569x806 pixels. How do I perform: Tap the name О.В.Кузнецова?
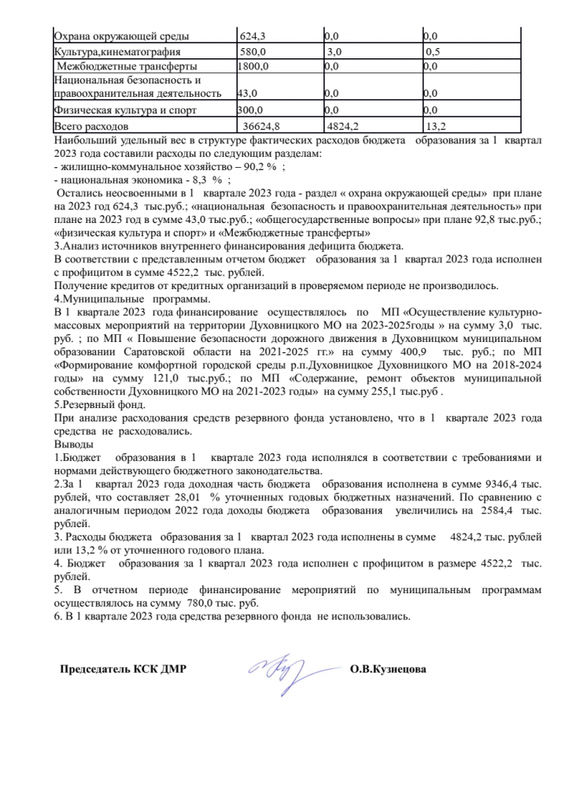[x=389, y=670]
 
